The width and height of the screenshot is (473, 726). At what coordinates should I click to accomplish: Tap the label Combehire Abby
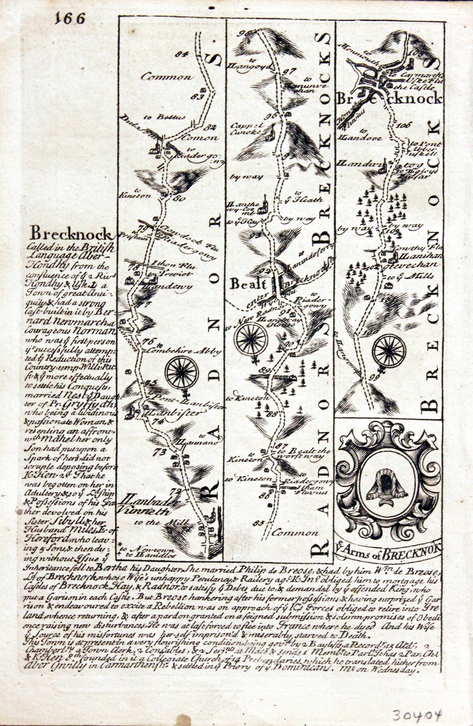click(184, 351)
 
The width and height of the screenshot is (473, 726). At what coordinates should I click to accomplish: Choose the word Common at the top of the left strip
click(165, 77)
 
